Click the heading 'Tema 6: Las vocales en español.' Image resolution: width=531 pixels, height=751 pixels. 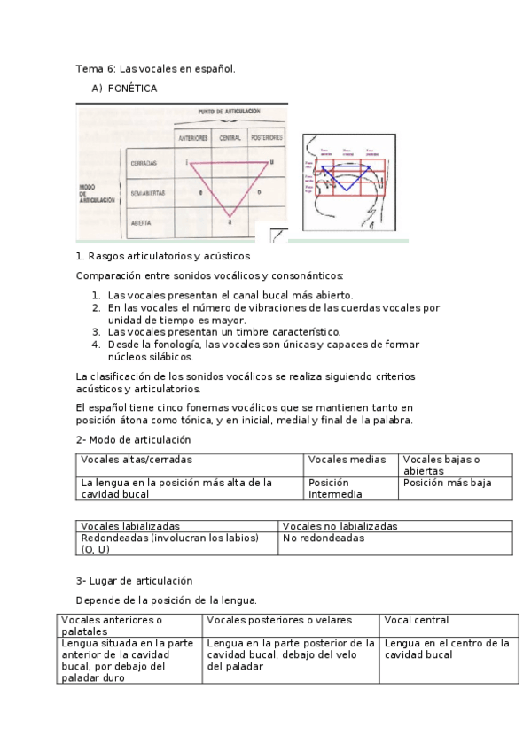click(155, 68)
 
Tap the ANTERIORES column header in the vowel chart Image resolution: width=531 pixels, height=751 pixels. click(192, 138)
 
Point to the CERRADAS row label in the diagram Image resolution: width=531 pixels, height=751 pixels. click(144, 164)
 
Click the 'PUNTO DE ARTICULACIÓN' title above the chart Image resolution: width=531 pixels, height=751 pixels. click(229, 112)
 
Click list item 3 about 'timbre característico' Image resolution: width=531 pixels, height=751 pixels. click(223, 331)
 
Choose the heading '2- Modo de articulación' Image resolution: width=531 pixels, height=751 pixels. click(133, 439)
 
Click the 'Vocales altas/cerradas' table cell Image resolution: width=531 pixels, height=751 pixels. click(137, 460)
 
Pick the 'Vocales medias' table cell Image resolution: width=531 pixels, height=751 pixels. click(347, 460)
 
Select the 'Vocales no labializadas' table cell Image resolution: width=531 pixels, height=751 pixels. click(340, 526)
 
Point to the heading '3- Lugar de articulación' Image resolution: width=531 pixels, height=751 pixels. click(134, 581)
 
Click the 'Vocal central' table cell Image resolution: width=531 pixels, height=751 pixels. click(417, 620)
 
